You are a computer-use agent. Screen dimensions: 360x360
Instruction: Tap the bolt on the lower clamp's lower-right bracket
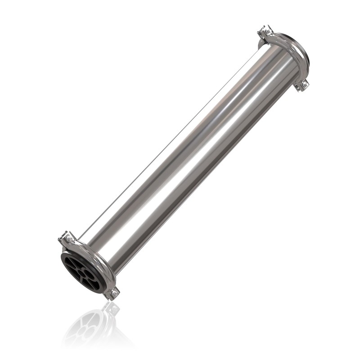point(114,293)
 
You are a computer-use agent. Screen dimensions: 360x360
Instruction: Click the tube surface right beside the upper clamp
point(274,63)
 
